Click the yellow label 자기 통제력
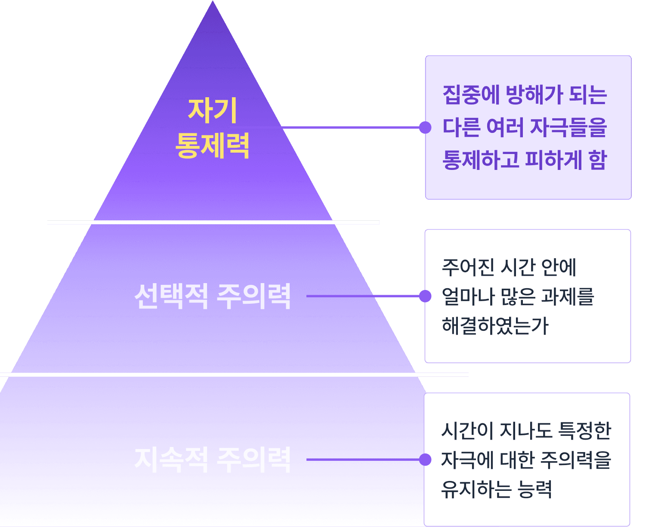(213, 128)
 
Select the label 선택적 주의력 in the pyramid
(213, 296)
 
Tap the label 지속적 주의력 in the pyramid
(213, 459)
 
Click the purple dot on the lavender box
(425, 127)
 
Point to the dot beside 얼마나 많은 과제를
(425, 296)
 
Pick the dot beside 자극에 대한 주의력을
(425, 459)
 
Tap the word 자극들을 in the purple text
(568, 127)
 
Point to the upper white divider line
(213, 222)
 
